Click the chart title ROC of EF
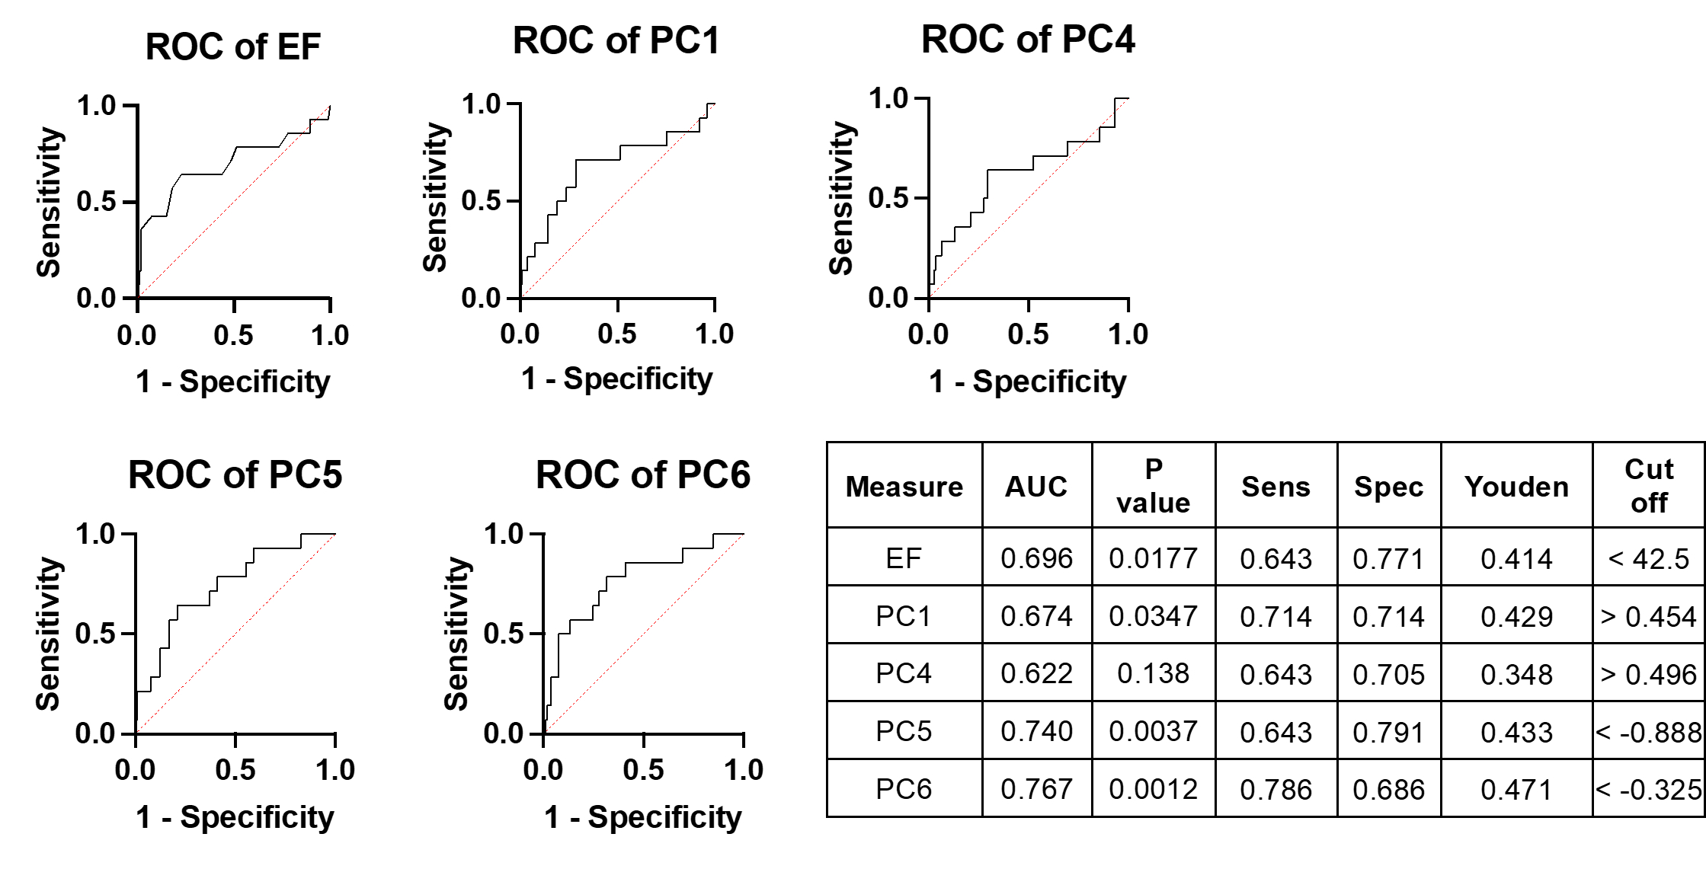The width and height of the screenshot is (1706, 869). (x=232, y=47)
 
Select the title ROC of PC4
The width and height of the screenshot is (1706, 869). (x=1028, y=40)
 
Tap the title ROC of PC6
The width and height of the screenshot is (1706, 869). (x=642, y=475)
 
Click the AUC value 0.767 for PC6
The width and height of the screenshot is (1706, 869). (x=1036, y=789)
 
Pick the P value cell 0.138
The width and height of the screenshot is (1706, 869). (x=1153, y=673)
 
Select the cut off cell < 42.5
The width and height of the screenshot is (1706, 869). (x=1648, y=559)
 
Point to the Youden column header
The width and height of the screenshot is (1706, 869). (x=1516, y=487)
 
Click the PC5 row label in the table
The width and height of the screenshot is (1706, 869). (x=904, y=731)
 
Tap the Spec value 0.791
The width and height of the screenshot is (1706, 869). (x=1388, y=732)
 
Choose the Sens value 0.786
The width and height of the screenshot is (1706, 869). (x=1275, y=790)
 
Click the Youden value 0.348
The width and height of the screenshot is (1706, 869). (x=1516, y=674)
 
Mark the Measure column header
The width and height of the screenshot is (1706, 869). (x=904, y=487)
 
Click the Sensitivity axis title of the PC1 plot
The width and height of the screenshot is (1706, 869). (x=435, y=197)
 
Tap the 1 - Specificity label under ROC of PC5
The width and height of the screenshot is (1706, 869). (x=235, y=817)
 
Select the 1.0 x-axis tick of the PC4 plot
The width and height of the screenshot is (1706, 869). (x=1128, y=334)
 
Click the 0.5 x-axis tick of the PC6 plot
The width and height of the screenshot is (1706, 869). (x=643, y=770)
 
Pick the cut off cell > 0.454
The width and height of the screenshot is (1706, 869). (x=1648, y=616)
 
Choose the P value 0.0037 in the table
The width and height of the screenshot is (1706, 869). (x=1153, y=731)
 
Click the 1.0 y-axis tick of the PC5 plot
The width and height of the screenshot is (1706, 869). (x=95, y=535)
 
